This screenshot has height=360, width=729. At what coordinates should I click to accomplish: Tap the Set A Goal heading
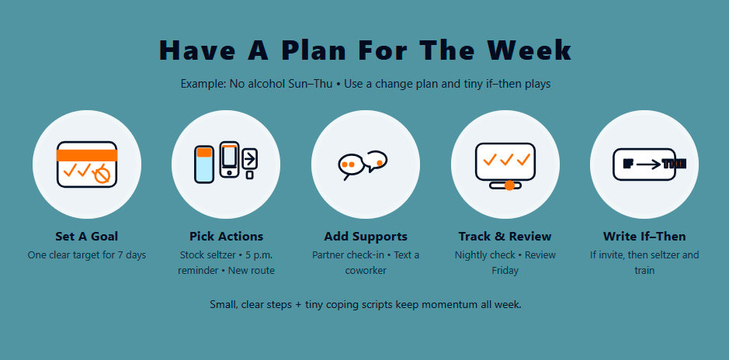86,236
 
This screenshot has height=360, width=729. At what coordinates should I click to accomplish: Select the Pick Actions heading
226,236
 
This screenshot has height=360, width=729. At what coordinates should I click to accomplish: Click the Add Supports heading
365,236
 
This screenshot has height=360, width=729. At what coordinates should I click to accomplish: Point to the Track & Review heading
505,236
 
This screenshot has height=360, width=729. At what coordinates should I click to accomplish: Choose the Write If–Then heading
644,236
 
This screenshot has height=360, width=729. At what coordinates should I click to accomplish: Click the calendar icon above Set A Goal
86,164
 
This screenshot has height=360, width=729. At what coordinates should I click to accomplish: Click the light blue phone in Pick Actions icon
204,164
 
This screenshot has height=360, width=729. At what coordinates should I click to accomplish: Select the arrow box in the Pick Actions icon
249,159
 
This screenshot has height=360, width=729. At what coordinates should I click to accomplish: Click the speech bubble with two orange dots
349,165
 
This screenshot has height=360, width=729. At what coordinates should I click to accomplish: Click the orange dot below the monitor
509,185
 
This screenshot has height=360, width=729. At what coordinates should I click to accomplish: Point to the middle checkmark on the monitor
505,161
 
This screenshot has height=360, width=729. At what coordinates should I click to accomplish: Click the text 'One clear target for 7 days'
86,254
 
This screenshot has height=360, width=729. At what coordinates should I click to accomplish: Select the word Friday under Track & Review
505,271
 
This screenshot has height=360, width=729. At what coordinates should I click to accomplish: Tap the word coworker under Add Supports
365,271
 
